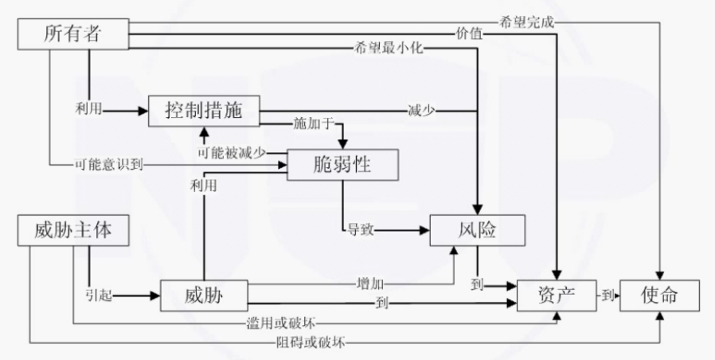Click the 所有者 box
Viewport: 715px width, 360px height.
pos(72,33)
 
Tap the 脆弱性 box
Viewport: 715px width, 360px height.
pos(342,165)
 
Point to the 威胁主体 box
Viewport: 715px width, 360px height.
pos(72,231)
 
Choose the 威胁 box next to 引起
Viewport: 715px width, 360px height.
pos(203,296)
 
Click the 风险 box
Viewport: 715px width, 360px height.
pos(477,230)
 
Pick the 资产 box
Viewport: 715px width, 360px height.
pos(557,295)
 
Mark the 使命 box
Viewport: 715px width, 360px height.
pos(659,295)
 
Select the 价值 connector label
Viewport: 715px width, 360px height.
pos(469,34)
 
